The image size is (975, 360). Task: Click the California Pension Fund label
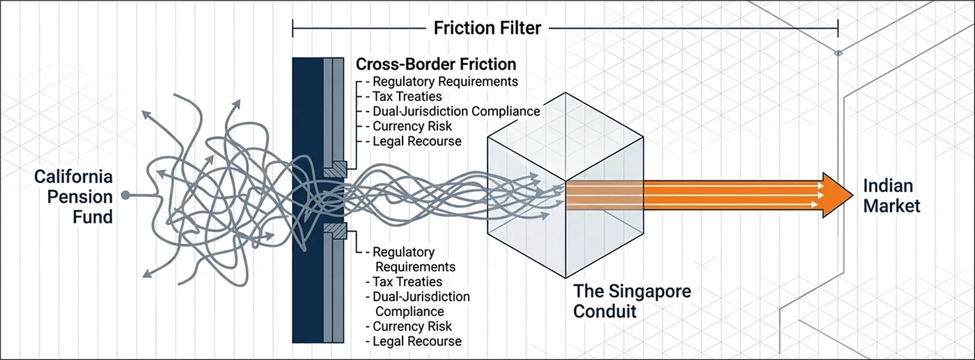(74, 197)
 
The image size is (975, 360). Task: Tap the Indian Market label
(891, 196)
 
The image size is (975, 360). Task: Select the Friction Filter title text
(487, 28)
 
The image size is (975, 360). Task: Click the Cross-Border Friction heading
(436, 64)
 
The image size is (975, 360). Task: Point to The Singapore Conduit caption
(632, 300)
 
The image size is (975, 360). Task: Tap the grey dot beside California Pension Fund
(125, 196)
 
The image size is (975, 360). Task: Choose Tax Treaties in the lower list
(407, 281)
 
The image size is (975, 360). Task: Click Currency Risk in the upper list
(412, 126)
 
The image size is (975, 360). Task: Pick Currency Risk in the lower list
(412, 326)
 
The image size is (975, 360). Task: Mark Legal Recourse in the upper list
(416, 141)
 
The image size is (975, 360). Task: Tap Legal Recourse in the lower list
(416, 341)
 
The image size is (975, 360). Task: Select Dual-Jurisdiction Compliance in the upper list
(456, 111)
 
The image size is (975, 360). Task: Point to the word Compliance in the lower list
(409, 311)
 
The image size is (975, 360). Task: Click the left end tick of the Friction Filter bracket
(293, 29)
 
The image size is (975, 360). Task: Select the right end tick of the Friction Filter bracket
(838, 29)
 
